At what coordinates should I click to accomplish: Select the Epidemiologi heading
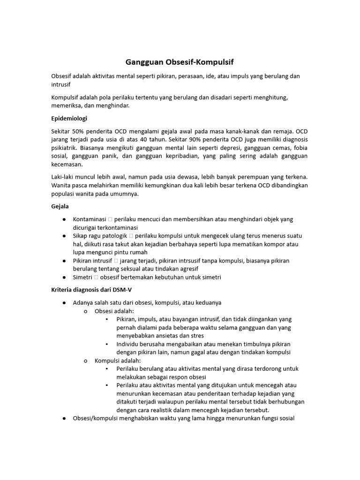[x=69, y=118]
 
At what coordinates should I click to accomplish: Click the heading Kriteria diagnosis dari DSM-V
[x=91, y=290]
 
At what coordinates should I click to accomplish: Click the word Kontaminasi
[x=89, y=219]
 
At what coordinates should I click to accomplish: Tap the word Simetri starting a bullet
[x=82, y=277]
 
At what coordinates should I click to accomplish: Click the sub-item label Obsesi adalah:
[x=114, y=311]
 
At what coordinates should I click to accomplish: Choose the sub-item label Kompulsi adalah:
[x=117, y=360]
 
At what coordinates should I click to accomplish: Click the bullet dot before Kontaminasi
[x=63, y=219]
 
